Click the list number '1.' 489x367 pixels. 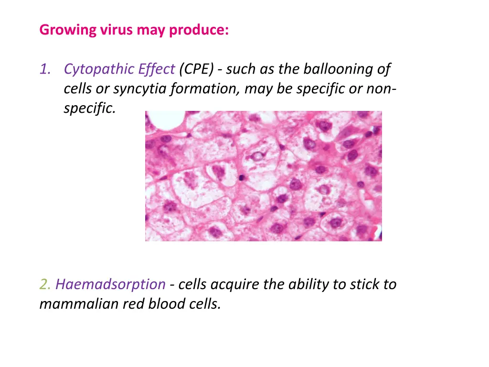click(46, 70)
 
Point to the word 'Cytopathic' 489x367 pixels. click(95, 70)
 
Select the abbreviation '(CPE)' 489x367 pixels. click(197, 70)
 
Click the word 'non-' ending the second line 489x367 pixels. click(380, 89)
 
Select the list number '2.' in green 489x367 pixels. click(45, 285)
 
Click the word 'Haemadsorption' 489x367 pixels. click(110, 285)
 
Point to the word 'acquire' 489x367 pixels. click(235, 285)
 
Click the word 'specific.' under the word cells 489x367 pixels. click(89, 108)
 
